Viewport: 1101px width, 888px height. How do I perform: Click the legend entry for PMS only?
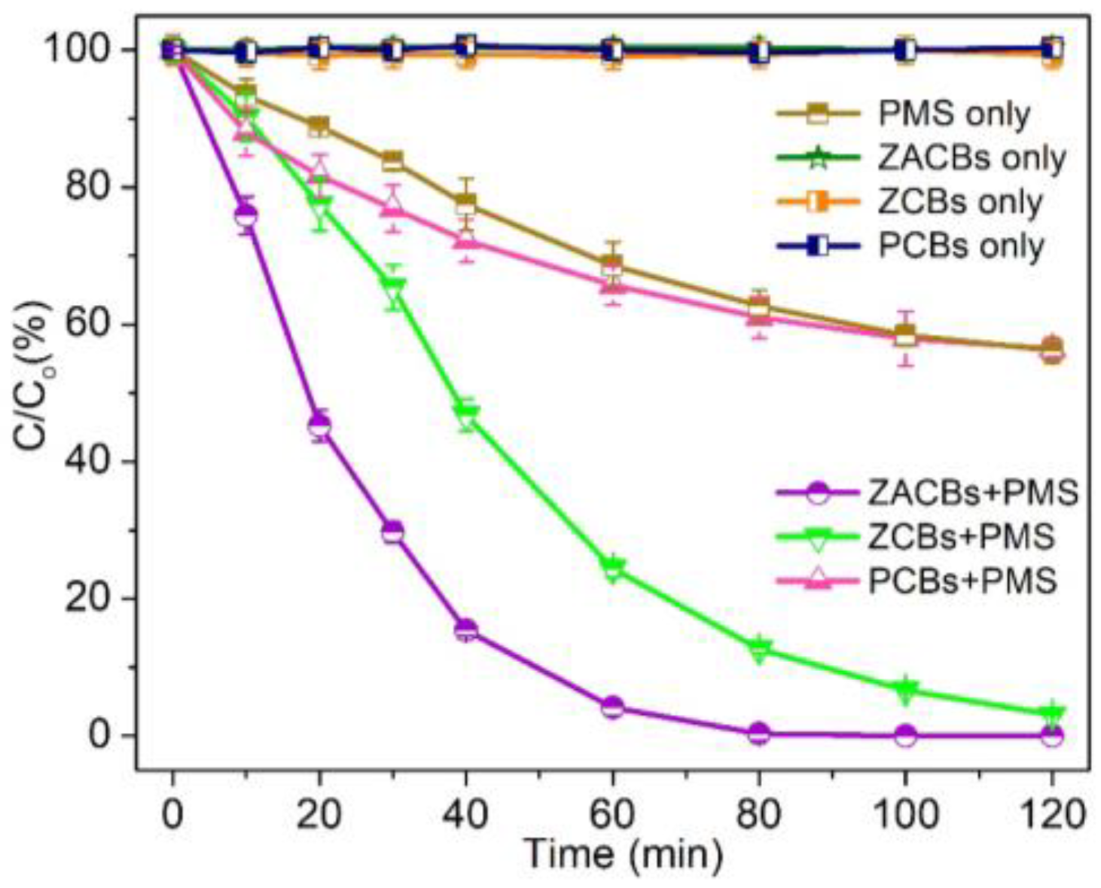click(953, 114)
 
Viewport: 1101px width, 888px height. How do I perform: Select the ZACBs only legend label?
click(971, 158)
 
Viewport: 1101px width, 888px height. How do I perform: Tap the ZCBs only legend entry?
click(959, 202)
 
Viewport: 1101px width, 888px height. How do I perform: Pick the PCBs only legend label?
click(960, 246)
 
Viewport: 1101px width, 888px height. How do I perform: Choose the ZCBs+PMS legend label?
click(961, 537)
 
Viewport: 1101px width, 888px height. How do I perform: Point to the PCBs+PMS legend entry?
click(962, 581)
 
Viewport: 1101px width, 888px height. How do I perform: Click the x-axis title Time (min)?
click(624, 854)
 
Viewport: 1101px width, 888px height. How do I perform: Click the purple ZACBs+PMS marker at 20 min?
click(319, 426)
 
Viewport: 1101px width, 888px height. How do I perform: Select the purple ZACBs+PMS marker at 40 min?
click(466, 630)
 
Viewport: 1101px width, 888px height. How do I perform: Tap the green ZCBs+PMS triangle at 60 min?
click(612, 567)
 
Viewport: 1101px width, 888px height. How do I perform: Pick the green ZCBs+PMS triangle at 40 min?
click(466, 415)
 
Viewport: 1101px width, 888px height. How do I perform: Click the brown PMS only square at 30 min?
click(392, 161)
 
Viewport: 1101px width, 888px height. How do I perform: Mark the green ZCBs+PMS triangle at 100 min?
click(906, 689)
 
